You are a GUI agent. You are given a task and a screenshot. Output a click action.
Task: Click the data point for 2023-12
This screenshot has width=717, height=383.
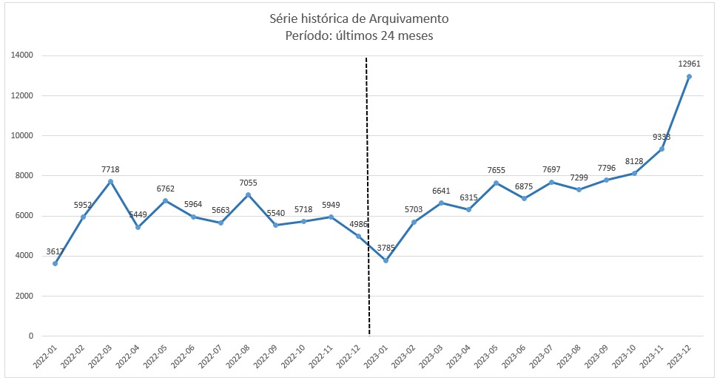689,76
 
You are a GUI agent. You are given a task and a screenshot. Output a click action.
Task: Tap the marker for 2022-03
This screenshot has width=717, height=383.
110,182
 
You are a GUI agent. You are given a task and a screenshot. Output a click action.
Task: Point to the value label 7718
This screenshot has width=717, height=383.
110,169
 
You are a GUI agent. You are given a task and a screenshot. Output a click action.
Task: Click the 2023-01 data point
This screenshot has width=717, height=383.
386,260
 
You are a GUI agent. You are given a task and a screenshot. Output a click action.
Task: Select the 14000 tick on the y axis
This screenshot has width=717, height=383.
21,55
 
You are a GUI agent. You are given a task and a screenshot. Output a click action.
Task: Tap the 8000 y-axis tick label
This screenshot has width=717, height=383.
24,176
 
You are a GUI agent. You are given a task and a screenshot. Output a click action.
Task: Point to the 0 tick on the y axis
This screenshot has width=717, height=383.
30,336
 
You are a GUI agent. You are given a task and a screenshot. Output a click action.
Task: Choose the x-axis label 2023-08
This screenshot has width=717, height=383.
567,358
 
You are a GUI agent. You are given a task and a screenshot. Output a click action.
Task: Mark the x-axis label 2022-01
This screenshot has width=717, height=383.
44,358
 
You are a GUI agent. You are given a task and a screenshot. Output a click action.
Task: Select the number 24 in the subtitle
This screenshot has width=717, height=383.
388,35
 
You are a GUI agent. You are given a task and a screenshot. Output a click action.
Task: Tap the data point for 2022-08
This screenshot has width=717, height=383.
248,195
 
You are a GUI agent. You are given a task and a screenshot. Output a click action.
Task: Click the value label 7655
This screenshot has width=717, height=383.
496,170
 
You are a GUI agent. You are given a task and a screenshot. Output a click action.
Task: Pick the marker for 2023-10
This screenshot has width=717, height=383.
634,174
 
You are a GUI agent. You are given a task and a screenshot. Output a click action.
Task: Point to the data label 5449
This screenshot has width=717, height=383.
138,215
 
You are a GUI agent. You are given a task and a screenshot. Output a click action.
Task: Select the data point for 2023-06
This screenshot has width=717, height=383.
524,198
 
